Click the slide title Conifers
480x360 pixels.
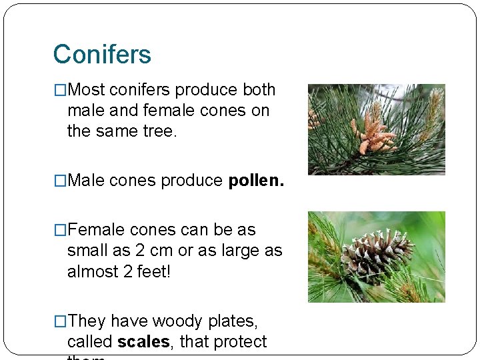102,54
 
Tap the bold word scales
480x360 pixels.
143,342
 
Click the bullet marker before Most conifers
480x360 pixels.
60,90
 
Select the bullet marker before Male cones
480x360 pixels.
60,181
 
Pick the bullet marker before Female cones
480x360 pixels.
60,230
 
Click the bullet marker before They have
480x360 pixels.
60,321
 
